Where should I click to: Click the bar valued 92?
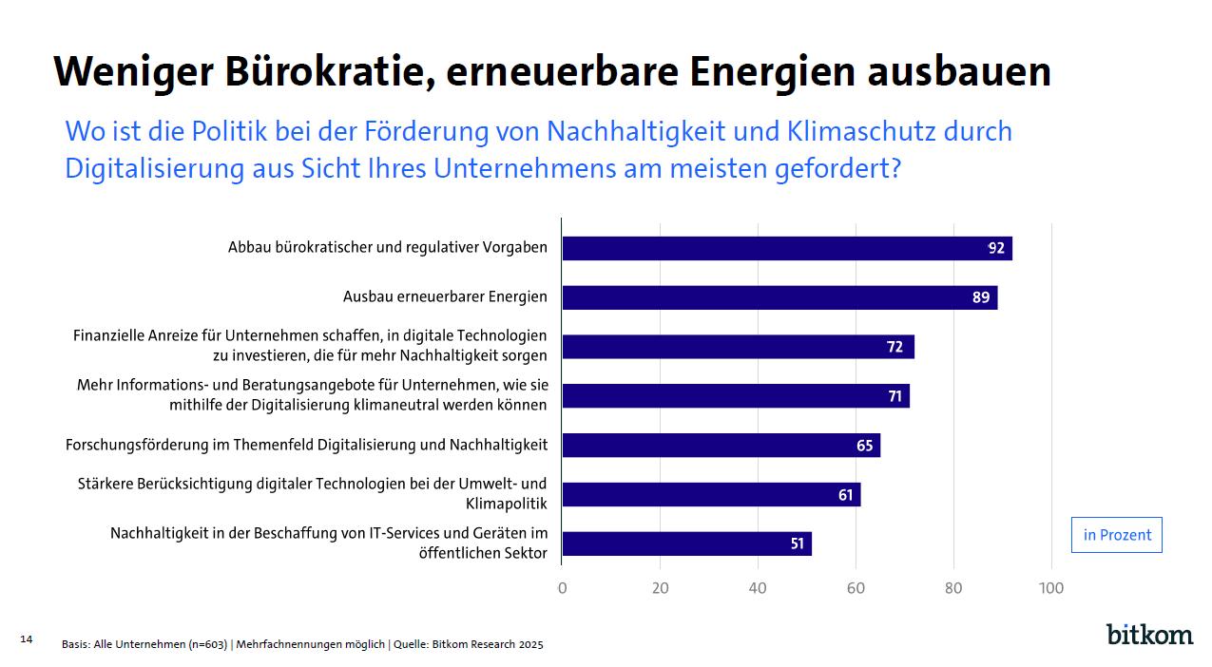pos(786,248)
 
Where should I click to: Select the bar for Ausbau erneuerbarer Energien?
pos(779,297)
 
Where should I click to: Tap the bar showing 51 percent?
pos(686,544)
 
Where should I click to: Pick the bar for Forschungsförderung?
pos(721,446)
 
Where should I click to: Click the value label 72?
pos(895,347)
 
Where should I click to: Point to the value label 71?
pos(895,396)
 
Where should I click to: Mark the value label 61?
pos(845,495)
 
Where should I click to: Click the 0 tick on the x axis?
pos(562,588)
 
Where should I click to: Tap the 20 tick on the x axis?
pos(660,588)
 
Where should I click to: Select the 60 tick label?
pos(856,588)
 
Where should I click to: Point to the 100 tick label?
pos(1051,588)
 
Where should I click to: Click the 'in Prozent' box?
pos(1117,535)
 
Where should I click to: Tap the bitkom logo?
pos(1149,635)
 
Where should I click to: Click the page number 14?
pos(26,639)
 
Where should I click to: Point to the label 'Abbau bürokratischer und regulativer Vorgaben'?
pos(387,247)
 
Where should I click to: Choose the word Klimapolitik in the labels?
pos(507,503)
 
